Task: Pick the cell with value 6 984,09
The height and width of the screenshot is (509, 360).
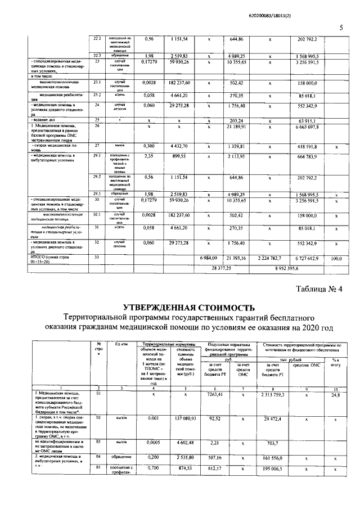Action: (208, 257)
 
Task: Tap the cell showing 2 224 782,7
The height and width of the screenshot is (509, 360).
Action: (270, 257)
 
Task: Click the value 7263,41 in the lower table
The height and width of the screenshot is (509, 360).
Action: (216, 395)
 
